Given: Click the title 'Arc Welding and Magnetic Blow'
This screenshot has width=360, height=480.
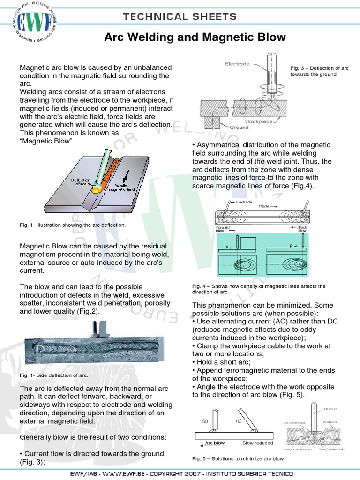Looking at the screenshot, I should click(x=195, y=37).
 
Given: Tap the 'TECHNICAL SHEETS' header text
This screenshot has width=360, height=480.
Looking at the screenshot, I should click(x=180, y=17).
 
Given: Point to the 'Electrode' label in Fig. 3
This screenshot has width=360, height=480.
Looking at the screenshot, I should click(x=237, y=64).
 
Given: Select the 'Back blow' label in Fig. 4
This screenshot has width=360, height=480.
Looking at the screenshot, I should click(x=302, y=229).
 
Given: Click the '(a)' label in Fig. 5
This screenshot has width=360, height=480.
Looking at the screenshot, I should click(x=205, y=421).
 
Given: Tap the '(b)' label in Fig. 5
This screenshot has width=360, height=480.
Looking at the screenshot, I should click(x=238, y=421).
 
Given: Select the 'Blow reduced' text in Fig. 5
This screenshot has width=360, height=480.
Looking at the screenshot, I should click(x=257, y=443).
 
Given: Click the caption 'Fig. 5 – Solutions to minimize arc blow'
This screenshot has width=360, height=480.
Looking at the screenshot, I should click(x=238, y=458).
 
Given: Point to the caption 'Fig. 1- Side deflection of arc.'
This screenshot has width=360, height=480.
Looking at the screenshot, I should click(x=53, y=375).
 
